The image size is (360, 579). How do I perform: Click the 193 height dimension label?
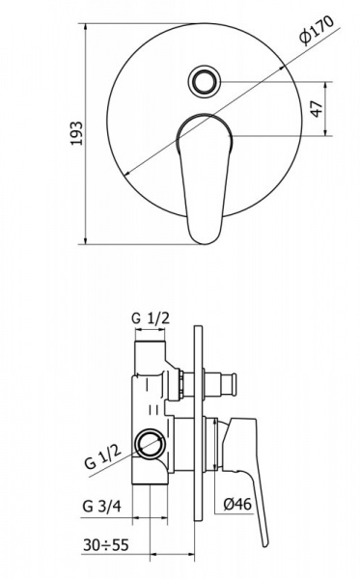pyautogui.click(x=77, y=133)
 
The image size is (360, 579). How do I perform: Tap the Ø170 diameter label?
pyautogui.click(x=317, y=30)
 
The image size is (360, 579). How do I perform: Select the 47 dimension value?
pyautogui.click(x=317, y=108)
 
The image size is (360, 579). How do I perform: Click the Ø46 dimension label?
pyautogui.click(x=237, y=504)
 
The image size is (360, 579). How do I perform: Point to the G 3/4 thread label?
pyautogui.click(x=101, y=507)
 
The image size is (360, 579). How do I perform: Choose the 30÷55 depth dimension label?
pyautogui.click(x=105, y=544)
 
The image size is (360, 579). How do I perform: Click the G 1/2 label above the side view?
pyautogui.click(x=151, y=317)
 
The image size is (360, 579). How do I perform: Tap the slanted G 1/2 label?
pyautogui.click(x=103, y=456)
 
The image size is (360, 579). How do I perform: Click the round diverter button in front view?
pyautogui.click(x=204, y=82)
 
